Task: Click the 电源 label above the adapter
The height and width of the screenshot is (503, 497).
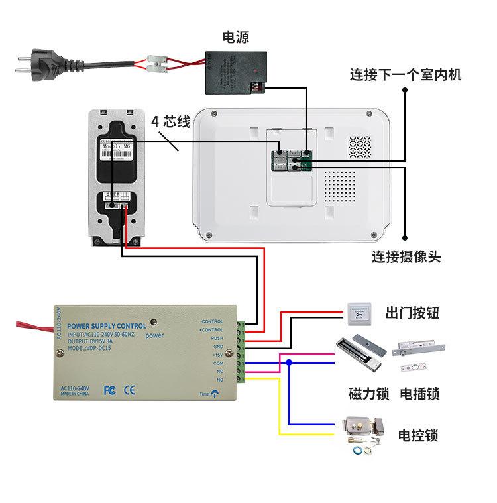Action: tap(236, 37)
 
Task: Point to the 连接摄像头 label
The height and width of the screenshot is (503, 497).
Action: tap(406, 256)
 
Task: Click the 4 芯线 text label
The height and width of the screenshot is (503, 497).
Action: tap(170, 122)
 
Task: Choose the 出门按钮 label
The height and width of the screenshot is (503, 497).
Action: tap(412, 312)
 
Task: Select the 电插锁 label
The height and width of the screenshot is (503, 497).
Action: tap(419, 394)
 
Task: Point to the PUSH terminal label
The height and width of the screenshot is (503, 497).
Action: tap(217, 338)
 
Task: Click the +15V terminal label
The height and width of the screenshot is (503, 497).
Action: tap(217, 355)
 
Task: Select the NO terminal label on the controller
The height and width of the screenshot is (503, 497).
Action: tap(219, 380)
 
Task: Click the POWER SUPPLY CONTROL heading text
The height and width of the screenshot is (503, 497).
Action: tap(107, 326)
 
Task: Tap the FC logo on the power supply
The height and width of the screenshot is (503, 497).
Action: tap(110, 390)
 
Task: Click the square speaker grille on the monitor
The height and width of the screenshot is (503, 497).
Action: tap(361, 147)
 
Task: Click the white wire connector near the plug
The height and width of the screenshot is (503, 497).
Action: tap(157, 65)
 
